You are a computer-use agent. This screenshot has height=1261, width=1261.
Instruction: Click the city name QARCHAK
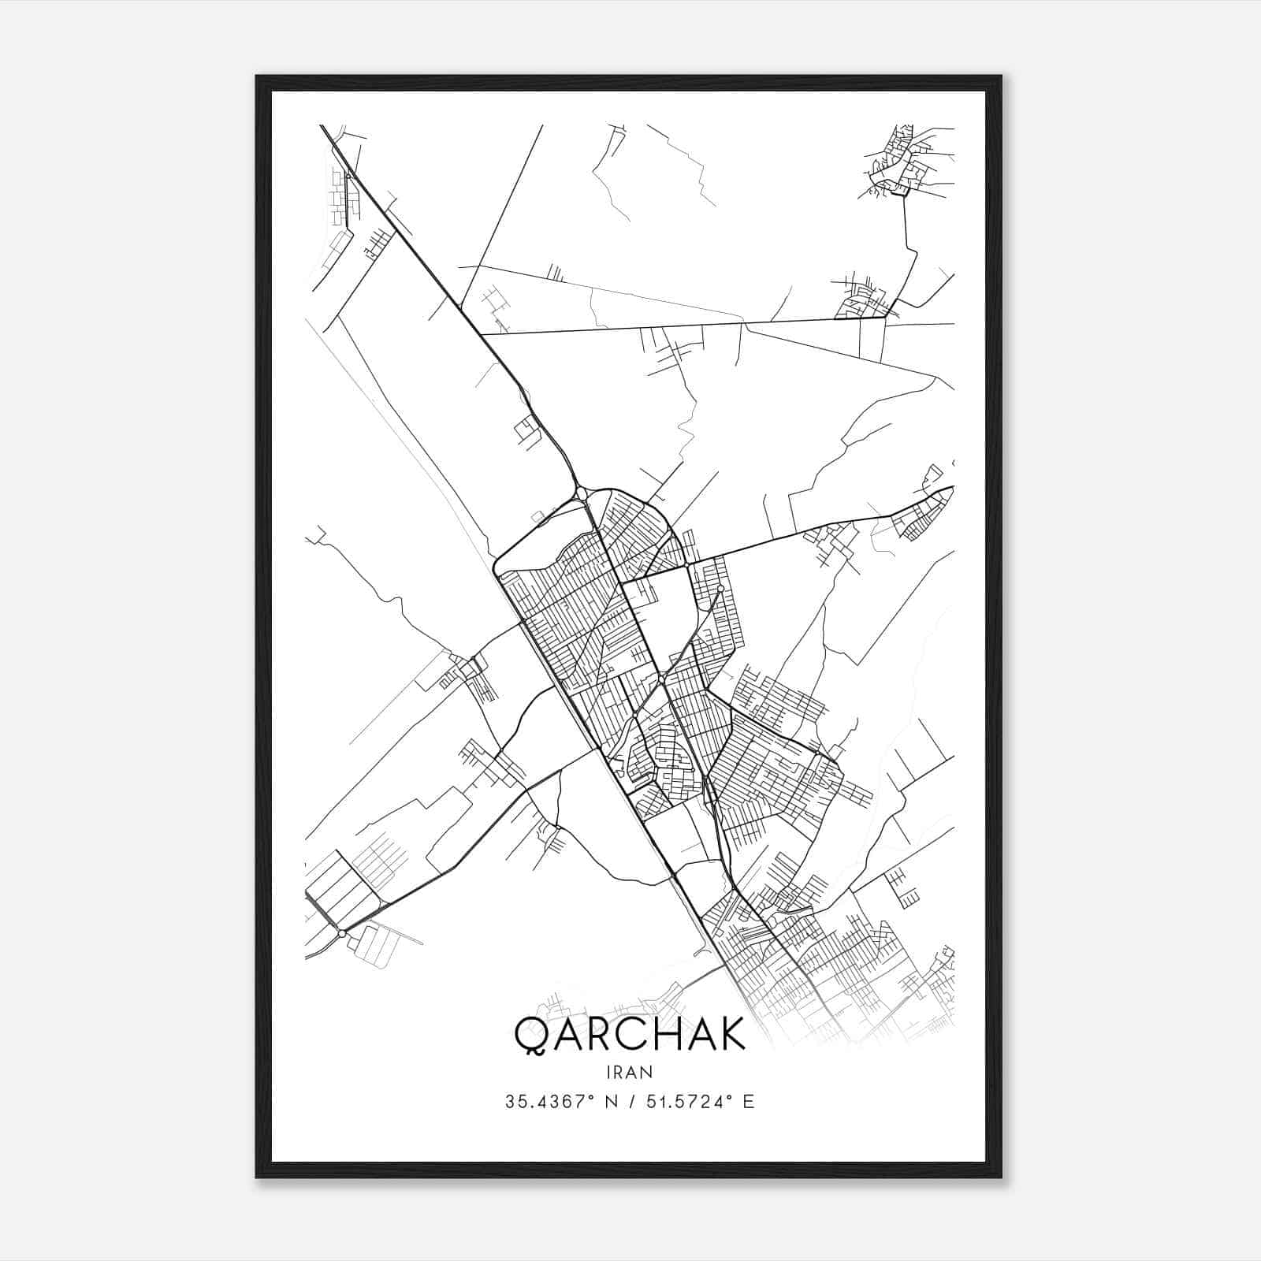coord(630,1034)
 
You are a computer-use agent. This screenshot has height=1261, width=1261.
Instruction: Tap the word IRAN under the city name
coord(630,1072)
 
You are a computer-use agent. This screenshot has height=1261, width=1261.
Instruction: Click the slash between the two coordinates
coord(630,1102)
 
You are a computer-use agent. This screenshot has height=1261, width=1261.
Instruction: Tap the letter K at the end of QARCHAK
coord(730,1034)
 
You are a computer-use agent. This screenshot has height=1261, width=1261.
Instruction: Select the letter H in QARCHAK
coord(666,1034)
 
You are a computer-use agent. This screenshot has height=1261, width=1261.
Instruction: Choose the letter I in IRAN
coord(609,1072)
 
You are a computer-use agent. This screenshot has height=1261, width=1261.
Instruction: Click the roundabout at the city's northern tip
coord(581,493)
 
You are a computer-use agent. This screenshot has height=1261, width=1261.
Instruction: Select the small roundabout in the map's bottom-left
coord(341,933)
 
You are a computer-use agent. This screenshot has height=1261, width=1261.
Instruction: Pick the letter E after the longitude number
coord(748,1102)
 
